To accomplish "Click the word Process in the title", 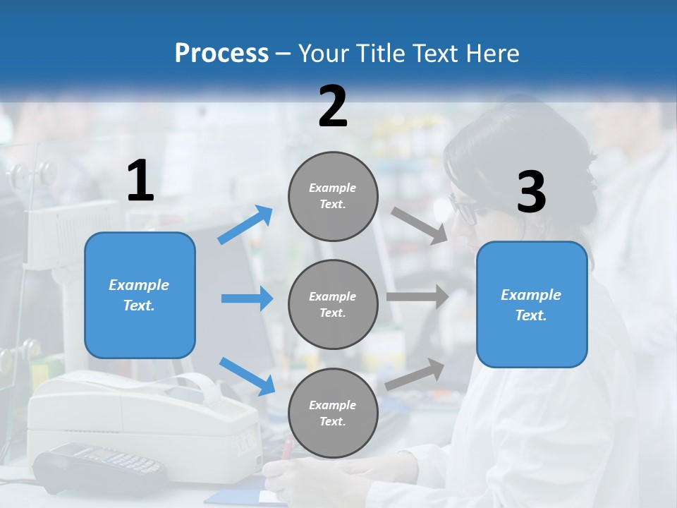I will pyautogui.click(x=221, y=54).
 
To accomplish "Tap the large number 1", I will pyautogui.click(x=140, y=181).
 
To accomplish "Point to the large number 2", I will pyautogui.click(x=333, y=107).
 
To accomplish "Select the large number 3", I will pyautogui.click(x=531, y=193).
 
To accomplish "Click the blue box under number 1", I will pyautogui.click(x=140, y=295).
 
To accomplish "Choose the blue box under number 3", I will pyautogui.click(x=532, y=304).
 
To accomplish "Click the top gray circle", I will pyautogui.click(x=333, y=196).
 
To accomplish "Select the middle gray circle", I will pyautogui.click(x=333, y=304).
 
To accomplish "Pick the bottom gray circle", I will pyautogui.click(x=333, y=413).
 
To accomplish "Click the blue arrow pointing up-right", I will pyautogui.click(x=245, y=224).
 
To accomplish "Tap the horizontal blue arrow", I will pyautogui.click(x=247, y=298).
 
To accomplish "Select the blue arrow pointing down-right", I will pyautogui.click(x=247, y=376).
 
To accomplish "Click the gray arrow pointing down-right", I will pyautogui.click(x=419, y=225).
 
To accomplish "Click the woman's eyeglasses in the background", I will pyautogui.click(x=463, y=210).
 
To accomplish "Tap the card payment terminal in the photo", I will pyautogui.click(x=99, y=465).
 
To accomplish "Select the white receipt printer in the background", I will pyautogui.click(x=141, y=409).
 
